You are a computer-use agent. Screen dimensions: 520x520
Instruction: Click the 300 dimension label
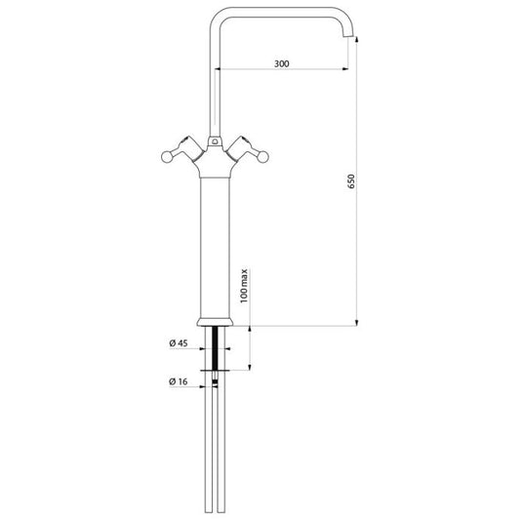pyautogui.click(x=282, y=63)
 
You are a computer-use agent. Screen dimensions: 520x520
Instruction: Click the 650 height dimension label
pyautogui.click(x=351, y=181)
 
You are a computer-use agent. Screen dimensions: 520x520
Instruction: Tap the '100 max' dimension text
pyautogui.click(x=244, y=286)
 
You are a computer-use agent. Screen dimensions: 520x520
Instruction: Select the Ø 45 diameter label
pyautogui.click(x=179, y=343)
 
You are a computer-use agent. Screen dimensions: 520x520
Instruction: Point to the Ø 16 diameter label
pyautogui.click(x=179, y=381)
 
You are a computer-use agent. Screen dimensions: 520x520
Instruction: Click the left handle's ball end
pyautogui.click(x=167, y=157)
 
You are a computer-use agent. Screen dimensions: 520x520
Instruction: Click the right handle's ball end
pyautogui.click(x=263, y=157)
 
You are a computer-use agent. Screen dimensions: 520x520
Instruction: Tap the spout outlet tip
pyautogui.click(x=348, y=36)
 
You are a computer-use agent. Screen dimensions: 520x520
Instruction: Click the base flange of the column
pyautogui.click(x=215, y=322)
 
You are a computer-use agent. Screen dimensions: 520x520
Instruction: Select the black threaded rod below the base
pyautogui.click(x=216, y=348)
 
